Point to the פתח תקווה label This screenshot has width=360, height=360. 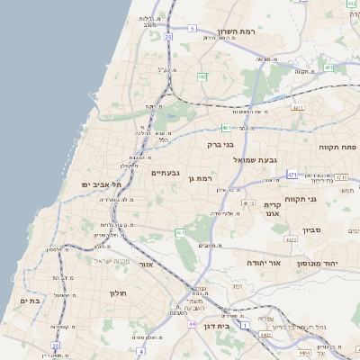[337, 145]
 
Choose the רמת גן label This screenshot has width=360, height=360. [197, 179]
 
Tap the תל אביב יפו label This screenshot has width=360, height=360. [102, 184]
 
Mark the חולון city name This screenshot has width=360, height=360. [119, 293]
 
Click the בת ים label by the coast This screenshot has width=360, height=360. [29, 301]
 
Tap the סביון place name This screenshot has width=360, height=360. [338, 231]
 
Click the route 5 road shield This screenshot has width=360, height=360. [192, 29]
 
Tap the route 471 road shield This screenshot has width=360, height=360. [292, 174]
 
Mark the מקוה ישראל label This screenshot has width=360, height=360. [112, 261]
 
